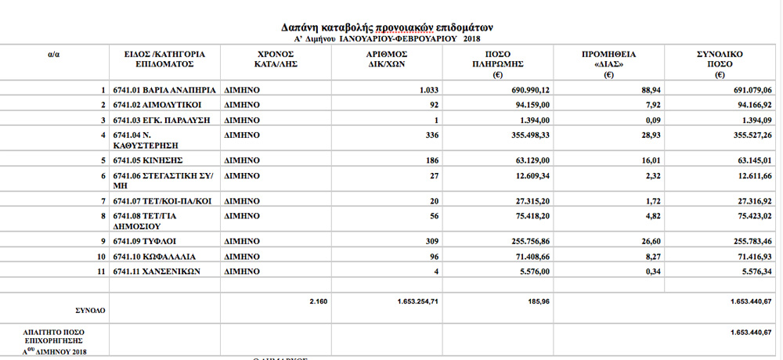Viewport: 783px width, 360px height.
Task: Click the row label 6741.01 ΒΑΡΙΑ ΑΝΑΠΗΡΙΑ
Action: point(159,90)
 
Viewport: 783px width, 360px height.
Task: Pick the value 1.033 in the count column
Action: point(431,90)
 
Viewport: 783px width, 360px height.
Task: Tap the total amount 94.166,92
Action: point(750,104)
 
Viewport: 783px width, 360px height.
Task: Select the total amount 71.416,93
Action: point(750,256)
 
